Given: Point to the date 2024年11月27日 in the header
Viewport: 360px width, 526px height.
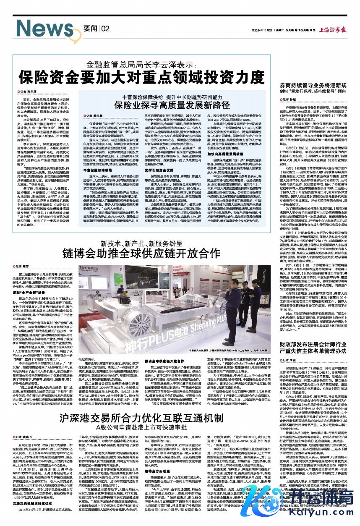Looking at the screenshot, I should click(x=263, y=29).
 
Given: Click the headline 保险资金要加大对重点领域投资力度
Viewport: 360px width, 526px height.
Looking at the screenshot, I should click(x=143, y=77).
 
